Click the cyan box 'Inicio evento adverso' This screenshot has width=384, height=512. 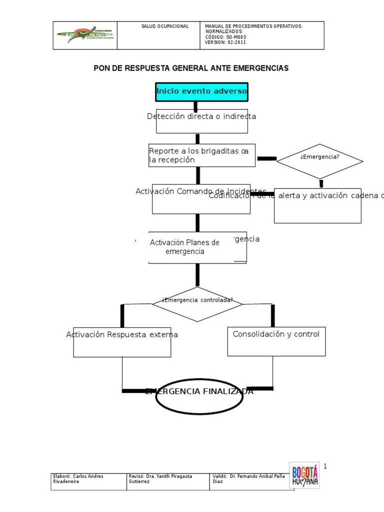pos(201,91)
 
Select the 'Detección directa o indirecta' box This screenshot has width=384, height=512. pos(201,121)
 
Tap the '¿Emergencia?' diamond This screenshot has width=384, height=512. pos(320,160)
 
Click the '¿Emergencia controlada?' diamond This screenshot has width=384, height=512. pos(197,304)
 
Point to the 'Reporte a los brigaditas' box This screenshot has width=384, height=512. pos(201,155)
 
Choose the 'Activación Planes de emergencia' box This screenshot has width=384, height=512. pos(197,247)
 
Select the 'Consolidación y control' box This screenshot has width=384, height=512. pos(276,341)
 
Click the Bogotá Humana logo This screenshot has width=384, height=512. pos(304,474)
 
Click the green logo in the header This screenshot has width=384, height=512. pos(85,35)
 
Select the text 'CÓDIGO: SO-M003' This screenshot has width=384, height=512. pos(225,37)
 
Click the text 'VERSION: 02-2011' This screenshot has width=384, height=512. pos(225,42)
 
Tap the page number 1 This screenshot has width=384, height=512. pos(324,466)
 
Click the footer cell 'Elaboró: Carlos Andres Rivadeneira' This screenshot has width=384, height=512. pos(88,479)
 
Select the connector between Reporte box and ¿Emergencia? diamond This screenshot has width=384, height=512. pos(266,158)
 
